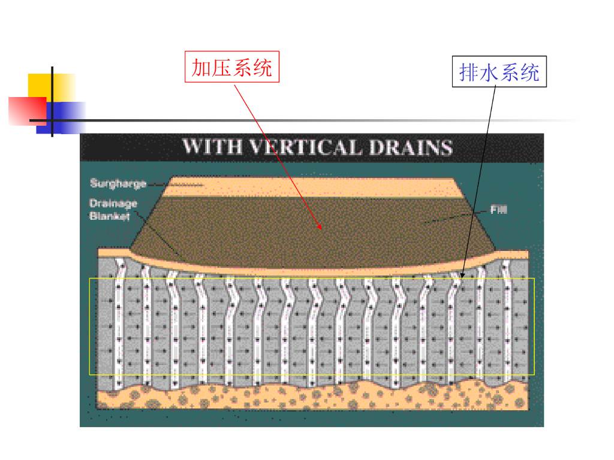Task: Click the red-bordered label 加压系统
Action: point(231,67)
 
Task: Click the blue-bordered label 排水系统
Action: point(499,72)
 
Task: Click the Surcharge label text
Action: point(118,183)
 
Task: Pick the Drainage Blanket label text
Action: point(113,210)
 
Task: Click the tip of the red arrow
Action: point(321,229)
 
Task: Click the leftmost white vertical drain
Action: point(119,323)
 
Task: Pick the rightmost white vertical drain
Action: point(507,323)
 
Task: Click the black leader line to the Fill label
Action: point(456,217)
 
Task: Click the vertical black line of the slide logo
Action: point(52,102)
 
